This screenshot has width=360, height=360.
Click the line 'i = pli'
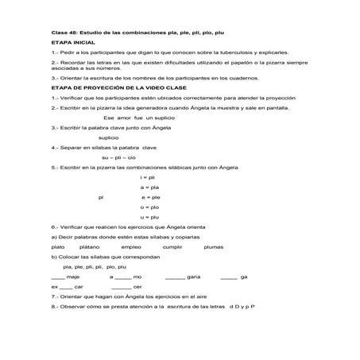click(146, 176)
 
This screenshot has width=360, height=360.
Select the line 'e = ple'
click(150, 196)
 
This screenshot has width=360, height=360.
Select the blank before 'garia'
click(175, 277)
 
